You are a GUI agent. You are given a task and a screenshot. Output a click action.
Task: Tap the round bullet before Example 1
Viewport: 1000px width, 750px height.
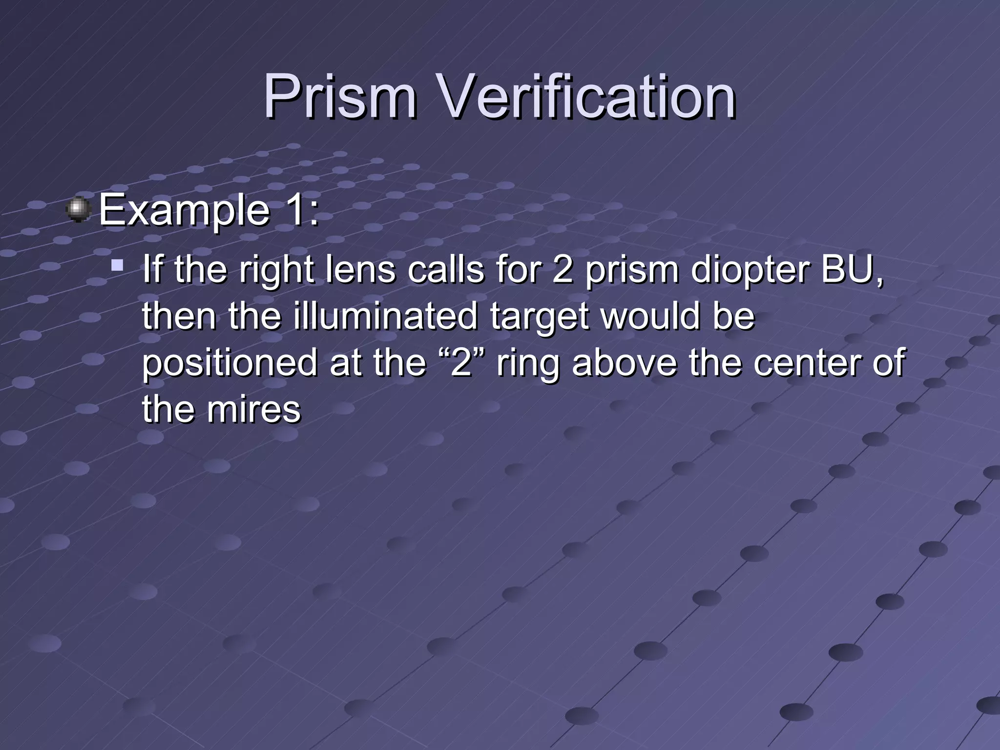(79, 210)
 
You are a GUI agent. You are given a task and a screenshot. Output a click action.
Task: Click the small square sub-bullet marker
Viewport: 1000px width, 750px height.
(117, 266)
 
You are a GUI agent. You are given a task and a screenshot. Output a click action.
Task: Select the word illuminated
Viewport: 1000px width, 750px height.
(385, 316)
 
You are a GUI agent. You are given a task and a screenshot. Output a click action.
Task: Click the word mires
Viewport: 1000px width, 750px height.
(253, 409)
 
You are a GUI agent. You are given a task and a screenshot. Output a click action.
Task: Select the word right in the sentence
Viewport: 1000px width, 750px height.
(276, 271)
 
